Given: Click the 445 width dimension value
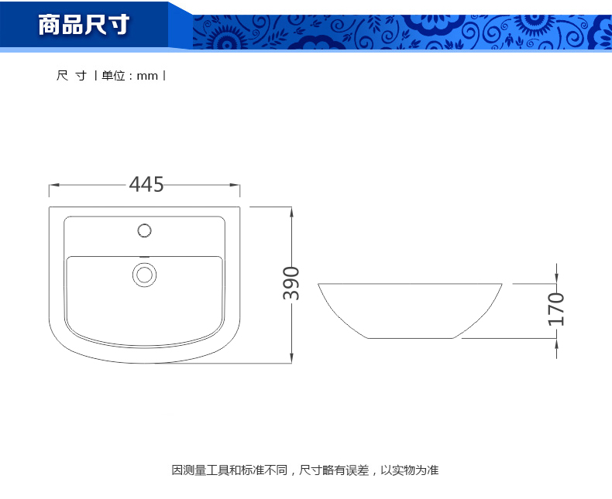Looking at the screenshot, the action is coord(146,184).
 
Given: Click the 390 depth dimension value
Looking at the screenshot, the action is coord(291,283).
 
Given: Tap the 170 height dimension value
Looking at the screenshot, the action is coord(556,309).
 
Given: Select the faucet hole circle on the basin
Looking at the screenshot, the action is coord(144,231).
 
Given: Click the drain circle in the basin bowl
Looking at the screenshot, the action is coord(144,275).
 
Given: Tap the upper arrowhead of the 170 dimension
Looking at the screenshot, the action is coord(556,279).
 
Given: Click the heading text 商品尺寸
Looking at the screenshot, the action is coord(84,25).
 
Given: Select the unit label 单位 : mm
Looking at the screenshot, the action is coord(129,76).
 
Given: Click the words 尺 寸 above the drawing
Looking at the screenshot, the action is coord(71,76).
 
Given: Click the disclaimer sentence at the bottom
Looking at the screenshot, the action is coord(305,470).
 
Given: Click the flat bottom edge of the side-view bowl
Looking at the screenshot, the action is coord(411,338).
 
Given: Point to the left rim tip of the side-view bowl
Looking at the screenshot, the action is coord(318,284).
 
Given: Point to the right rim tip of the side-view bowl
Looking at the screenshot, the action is coord(502,284).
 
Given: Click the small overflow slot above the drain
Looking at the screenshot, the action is coord(144,257).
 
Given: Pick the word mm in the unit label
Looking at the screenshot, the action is coord(147,77).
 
